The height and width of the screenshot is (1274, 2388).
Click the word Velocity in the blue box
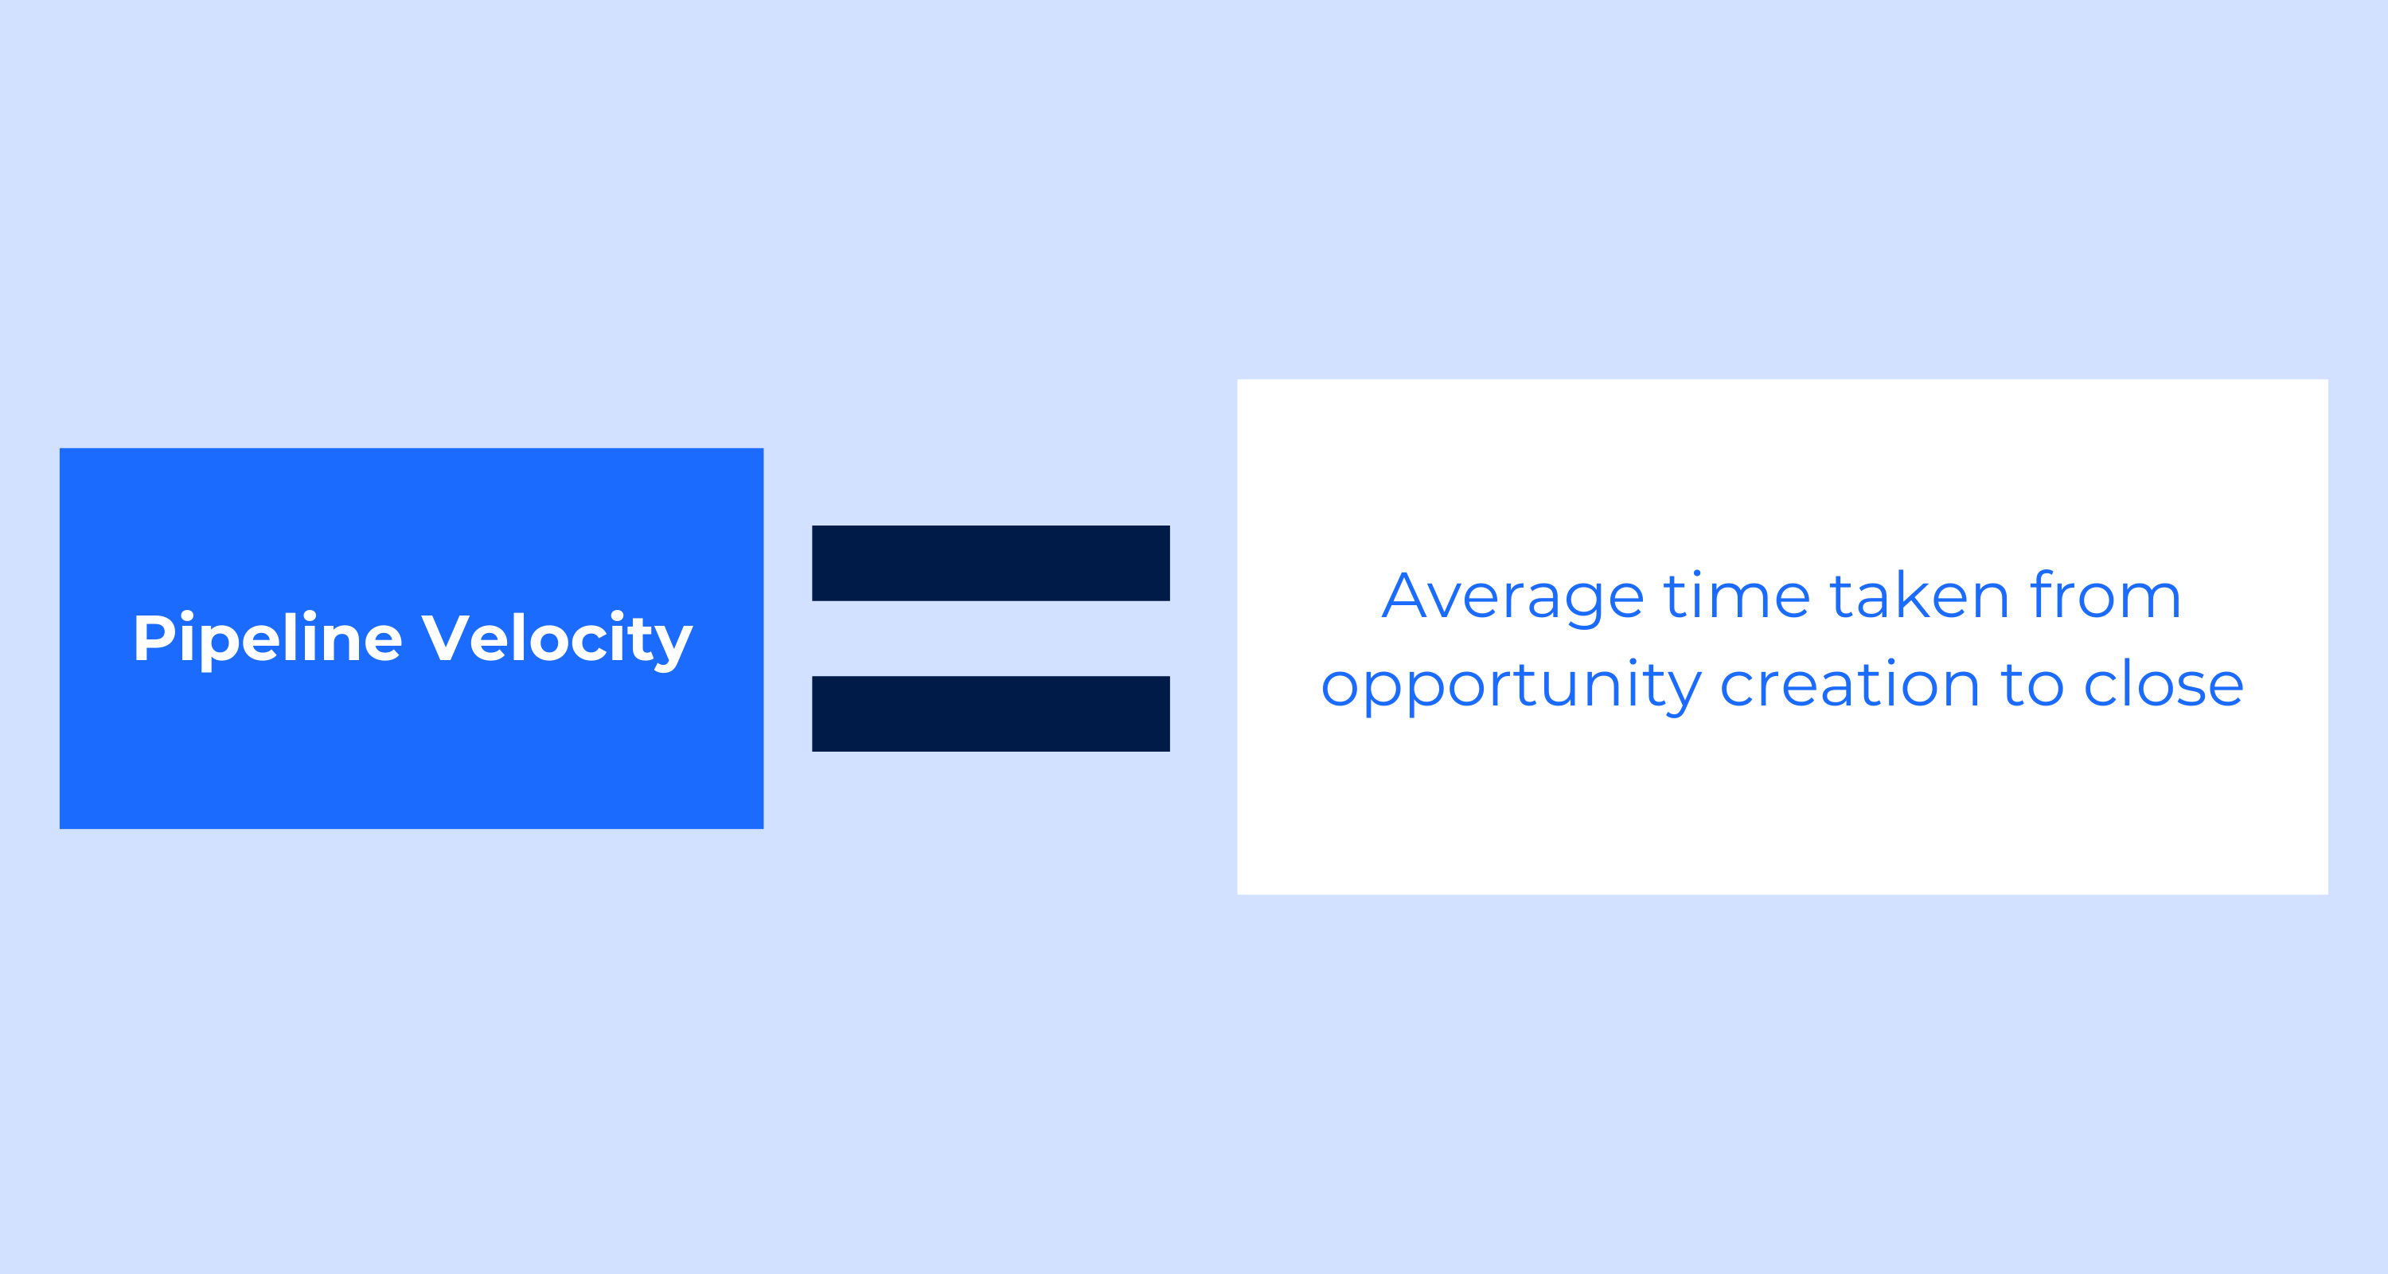557,639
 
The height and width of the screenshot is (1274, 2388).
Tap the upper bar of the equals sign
990,563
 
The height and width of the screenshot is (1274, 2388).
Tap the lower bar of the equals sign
990,714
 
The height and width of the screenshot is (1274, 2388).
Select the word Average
1513,599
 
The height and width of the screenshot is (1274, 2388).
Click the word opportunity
1511,687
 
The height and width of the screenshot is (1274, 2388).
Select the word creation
1849,683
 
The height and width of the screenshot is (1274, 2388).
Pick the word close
2164,683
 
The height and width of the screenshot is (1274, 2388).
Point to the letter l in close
2125,682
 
